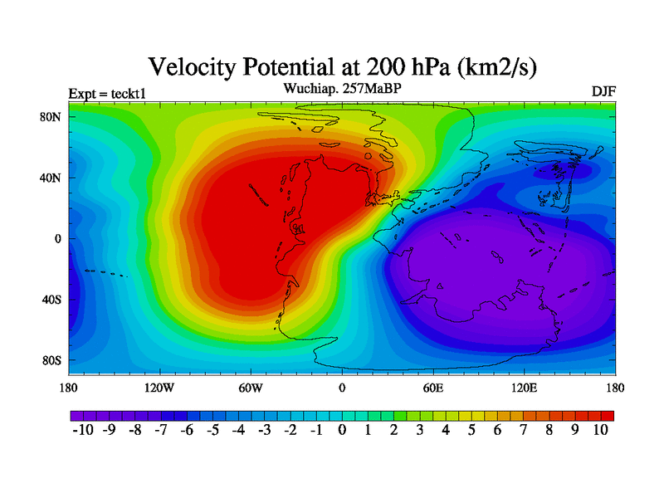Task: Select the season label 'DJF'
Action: pos(603,91)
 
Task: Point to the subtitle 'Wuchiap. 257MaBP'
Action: pos(342,87)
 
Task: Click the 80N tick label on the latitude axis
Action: pos(52,117)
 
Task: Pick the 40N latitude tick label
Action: pos(52,178)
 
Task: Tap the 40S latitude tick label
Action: pos(52,300)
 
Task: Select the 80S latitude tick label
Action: pos(52,360)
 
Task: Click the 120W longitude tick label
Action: pos(159,388)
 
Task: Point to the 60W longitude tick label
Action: pos(251,388)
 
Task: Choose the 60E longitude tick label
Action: pos(433,388)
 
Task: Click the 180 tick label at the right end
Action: pos(615,388)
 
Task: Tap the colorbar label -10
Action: pos(83,430)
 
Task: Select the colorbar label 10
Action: pos(601,430)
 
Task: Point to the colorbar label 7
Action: pos(524,430)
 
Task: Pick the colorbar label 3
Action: pos(420,430)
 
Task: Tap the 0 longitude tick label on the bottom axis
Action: pos(342,388)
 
